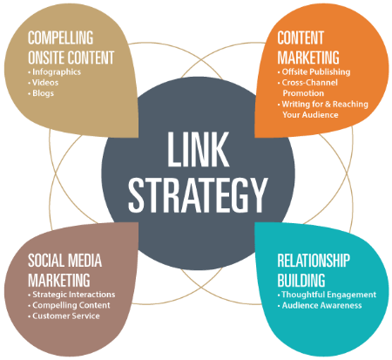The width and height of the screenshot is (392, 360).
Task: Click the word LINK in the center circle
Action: [199, 149]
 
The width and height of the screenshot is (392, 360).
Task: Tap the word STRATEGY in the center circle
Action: [198, 195]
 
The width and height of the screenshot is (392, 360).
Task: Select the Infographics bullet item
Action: [57, 72]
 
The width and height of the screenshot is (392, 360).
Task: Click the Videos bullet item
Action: [45, 83]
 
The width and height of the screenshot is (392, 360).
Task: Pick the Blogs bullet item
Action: [43, 93]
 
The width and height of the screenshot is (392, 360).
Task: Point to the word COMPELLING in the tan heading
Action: [61, 37]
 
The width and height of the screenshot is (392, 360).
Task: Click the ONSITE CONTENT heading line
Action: [71, 58]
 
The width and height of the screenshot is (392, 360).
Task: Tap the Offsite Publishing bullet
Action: [316, 71]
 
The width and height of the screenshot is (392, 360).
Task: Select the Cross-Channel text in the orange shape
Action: [309, 83]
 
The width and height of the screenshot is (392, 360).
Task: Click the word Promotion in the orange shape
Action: [303, 93]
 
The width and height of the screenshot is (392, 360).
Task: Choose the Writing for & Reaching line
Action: [325, 104]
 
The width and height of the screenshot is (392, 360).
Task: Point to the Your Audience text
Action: [310, 115]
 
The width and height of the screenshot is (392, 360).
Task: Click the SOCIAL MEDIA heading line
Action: [64, 261]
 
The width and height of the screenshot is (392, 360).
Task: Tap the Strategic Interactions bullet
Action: [74, 295]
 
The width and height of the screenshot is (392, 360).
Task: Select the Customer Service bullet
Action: [66, 316]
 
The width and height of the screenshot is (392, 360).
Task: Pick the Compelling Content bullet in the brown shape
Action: [71, 305]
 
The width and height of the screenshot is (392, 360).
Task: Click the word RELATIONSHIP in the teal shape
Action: [314, 261]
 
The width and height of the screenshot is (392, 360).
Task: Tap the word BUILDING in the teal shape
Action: [301, 280]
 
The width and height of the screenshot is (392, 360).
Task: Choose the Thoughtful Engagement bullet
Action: [328, 295]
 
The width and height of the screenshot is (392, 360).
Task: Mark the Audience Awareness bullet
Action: [321, 305]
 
